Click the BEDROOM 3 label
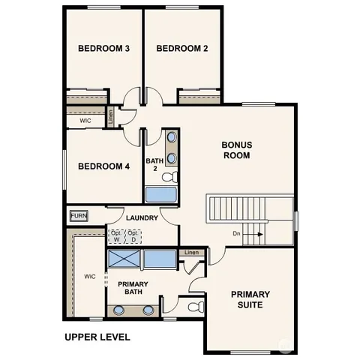click(x=104, y=49)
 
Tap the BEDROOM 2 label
click(x=182, y=49)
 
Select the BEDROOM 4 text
click(x=104, y=166)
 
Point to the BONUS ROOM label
click(x=236, y=150)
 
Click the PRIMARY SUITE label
click(x=250, y=299)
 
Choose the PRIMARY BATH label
click(x=133, y=289)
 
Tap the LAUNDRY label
click(x=142, y=218)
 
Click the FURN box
click(x=78, y=216)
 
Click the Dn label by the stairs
click(x=236, y=234)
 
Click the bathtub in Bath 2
click(x=160, y=195)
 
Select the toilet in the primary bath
click(x=194, y=307)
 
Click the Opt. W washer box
click(x=116, y=235)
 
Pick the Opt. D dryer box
click(x=133, y=235)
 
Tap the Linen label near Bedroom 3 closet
click(x=111, y=116)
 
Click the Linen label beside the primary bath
click(x=193, y=253)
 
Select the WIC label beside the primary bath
click(x=90, y=276)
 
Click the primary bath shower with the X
click(x=124, y=260)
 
